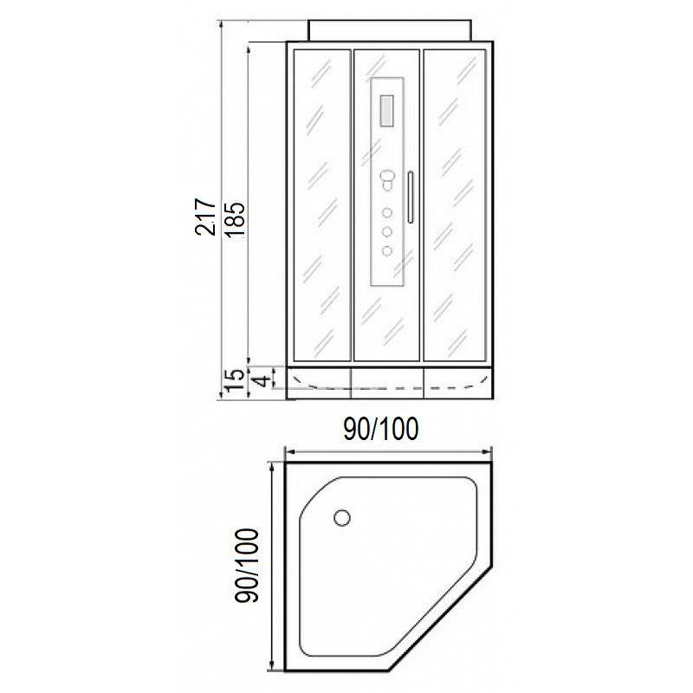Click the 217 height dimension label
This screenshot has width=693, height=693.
click(x=205, y=217)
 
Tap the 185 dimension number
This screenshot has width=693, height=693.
click(x=235, y=220)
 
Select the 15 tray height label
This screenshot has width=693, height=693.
click(x=234, y=380)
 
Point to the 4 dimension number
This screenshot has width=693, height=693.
click(x=263, y=379)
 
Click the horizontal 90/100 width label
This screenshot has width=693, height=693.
click(x=381, y=429)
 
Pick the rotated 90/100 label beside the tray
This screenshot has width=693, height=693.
click(x=247, y=566)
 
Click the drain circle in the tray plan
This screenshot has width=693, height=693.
click(x=342, y=517)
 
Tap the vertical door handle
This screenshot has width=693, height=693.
click(x=411, y=197)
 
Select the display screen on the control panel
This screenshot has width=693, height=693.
click(x=386, y=111)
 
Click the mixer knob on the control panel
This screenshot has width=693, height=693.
click(x=387, y=179)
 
